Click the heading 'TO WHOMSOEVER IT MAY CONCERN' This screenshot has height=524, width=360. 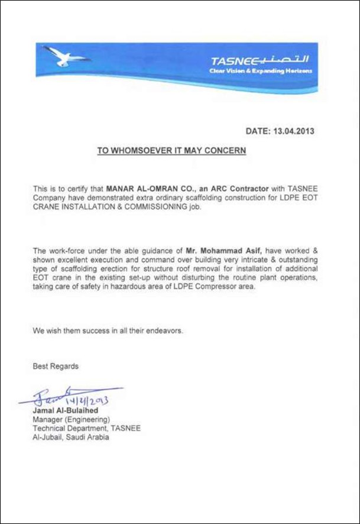pos(171,151)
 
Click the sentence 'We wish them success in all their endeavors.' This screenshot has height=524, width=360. pos(108,331)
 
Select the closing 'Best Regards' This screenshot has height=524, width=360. pos(56,367)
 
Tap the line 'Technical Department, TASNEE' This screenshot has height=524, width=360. pos(86,429)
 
